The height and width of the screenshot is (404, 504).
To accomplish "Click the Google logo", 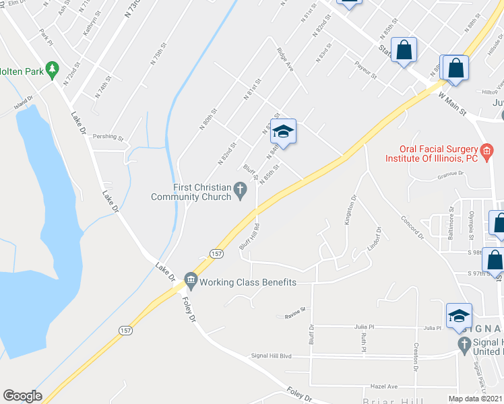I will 22,396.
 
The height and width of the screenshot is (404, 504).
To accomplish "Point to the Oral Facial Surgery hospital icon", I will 486,149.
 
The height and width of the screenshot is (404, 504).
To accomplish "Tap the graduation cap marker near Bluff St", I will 284,131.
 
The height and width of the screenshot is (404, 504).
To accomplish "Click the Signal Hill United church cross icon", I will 464,345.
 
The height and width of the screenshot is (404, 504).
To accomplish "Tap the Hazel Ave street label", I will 384,386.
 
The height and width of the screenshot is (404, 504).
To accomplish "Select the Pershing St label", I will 108,137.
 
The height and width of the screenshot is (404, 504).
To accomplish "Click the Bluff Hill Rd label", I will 249,236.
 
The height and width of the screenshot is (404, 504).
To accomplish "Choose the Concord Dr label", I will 412,228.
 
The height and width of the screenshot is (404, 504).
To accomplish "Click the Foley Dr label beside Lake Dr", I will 188,311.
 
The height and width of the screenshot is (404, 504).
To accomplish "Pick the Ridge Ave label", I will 285,59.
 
